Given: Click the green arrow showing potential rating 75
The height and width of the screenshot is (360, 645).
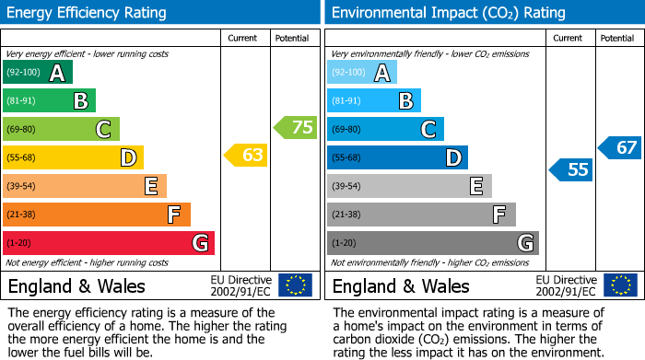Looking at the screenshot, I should (x=296, y=128).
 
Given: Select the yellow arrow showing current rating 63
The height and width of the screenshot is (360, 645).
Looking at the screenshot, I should (x=247, y=156).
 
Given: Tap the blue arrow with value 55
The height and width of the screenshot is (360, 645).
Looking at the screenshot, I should (x=571, y=169).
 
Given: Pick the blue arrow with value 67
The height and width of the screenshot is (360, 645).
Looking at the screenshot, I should (x=620, y=147).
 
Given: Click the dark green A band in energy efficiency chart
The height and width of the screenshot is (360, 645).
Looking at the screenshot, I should (x=37, y=73).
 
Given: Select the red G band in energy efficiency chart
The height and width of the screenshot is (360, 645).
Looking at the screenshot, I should (x=109, y=243).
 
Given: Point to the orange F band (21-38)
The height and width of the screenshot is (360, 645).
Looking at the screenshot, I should (x=97, y=215).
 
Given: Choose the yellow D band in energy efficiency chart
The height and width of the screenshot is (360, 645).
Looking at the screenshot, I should (x=73, y=157).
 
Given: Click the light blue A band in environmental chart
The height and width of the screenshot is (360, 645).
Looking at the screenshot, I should (x=361, y=73).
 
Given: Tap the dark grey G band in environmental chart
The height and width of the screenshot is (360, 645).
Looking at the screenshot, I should (x=432, y=243).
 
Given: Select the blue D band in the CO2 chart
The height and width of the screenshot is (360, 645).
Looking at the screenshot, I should (x=397, y=157).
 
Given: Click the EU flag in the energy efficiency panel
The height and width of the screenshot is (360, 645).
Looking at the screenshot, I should (x=296, y=285).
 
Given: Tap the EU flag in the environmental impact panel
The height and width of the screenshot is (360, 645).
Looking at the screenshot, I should (x=620, y=285).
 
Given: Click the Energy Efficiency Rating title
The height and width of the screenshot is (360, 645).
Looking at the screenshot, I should (x=87, y=13).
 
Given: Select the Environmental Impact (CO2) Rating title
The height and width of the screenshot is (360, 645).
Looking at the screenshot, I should (x=448, y=13).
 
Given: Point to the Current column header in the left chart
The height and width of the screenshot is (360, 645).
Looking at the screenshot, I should (x=244, y=39).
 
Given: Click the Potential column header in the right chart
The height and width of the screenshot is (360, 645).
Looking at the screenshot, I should (x=616, y=39).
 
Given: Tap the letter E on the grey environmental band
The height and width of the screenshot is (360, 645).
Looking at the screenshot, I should (x=476, y=187).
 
